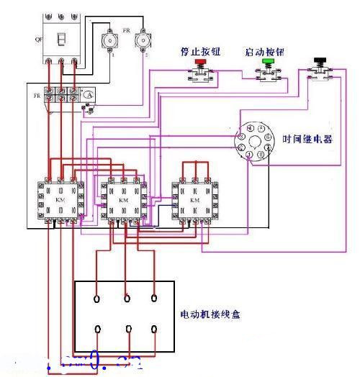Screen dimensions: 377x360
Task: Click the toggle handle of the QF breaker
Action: coord(62,41)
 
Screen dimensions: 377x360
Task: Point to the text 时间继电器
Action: coord(307,140)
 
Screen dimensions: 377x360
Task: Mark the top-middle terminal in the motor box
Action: coord(127,296)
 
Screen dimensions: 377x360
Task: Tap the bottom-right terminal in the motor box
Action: coord(154,329)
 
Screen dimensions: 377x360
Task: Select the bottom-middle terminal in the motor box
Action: coord(127,330)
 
